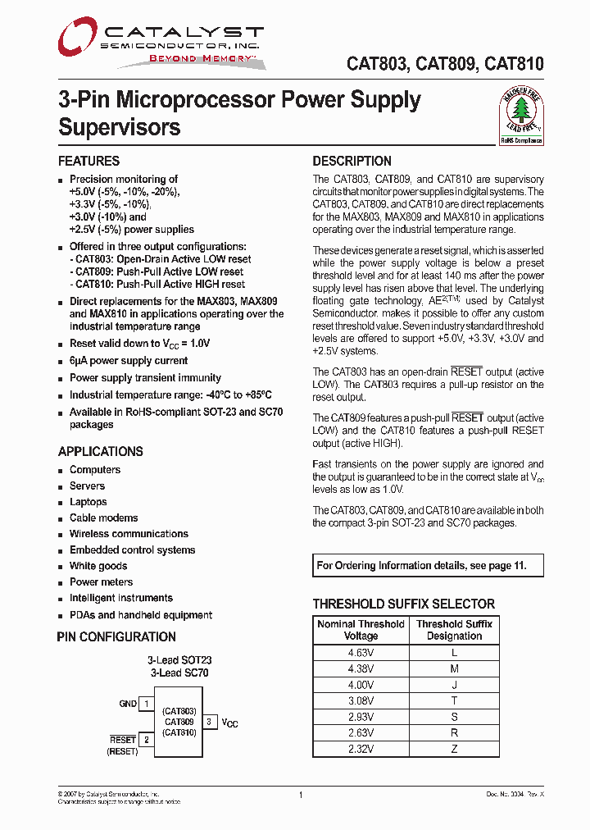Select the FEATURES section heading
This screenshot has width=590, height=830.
tap(88, 161)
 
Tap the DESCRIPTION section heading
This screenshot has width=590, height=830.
tap(352, 161)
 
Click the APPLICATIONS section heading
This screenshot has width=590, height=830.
tap(100, 451)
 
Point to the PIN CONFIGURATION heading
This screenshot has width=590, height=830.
tap(116, 636)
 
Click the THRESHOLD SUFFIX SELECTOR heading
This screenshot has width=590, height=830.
tap(404, 604)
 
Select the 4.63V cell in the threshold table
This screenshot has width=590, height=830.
tap(361, 652)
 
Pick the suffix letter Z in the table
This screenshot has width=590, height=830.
tap(455, 748)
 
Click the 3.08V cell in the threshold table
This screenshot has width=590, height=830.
tap(361, 700)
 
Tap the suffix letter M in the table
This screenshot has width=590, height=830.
tap(455, 668)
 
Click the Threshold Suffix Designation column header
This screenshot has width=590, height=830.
tap(455, 630)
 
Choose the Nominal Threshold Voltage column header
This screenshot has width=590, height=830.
tap(361, 630)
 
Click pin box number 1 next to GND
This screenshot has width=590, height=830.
tap(146, 704)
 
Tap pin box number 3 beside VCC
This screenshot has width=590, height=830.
tap(209, 722)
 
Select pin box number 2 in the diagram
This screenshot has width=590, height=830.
tap(146, 740)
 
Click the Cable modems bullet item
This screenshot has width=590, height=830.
tap(103, 518)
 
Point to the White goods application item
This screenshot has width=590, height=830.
tap(98, 566)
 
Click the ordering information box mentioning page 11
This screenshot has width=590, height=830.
tap(429, 565)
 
